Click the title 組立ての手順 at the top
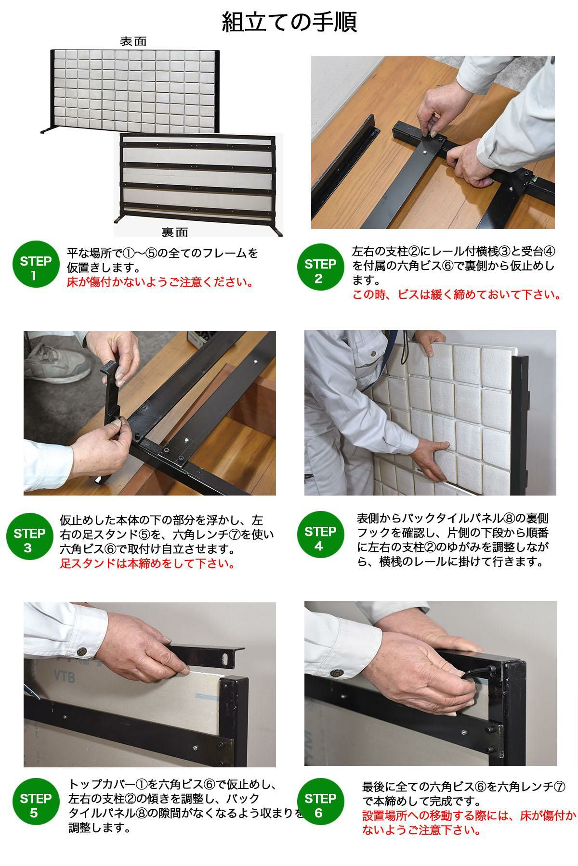289,22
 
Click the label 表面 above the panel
133,41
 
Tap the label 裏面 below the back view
174,232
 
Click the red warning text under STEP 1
160,281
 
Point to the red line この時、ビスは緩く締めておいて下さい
457,294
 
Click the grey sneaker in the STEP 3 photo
58,360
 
